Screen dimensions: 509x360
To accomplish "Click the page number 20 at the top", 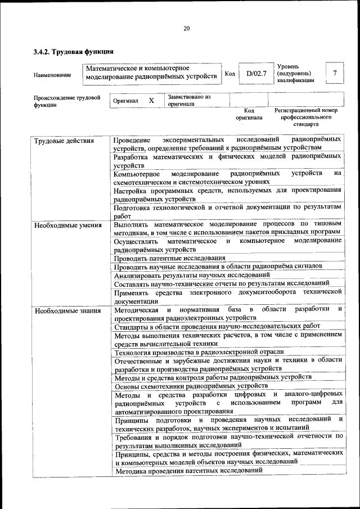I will coord(186,29).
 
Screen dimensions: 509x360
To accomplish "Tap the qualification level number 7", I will coord(335,73).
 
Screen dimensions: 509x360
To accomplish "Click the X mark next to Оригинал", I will coord(151,100).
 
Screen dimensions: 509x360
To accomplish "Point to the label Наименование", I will coord(52,75).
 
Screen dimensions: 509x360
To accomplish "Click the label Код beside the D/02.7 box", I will coord(229,74).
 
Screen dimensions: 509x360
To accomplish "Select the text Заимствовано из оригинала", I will coord(188,100).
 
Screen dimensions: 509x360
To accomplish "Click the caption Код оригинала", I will coord(249,114).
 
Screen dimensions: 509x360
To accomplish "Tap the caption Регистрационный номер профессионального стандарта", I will coord(306,117).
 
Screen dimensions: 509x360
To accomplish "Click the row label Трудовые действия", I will coord(64,141).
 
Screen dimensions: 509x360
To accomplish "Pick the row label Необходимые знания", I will coord(67,310).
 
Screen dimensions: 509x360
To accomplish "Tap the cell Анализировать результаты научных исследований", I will coord(191,275).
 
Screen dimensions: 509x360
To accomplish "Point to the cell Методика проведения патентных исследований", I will coord(188,470).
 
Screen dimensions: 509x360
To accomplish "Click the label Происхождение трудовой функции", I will coord(66,100).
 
